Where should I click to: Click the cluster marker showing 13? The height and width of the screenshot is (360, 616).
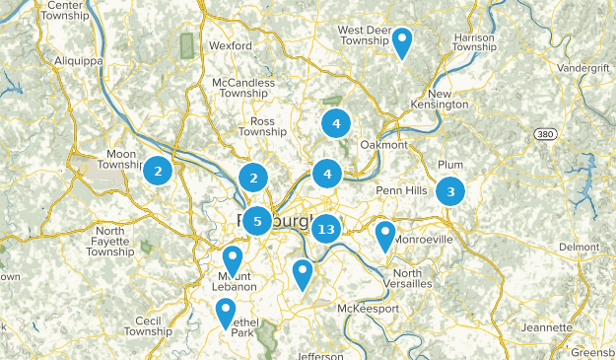[x=326, y=229]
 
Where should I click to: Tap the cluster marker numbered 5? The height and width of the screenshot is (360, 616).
[x=257, y=221]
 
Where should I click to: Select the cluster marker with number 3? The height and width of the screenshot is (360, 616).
[x=450, y=191]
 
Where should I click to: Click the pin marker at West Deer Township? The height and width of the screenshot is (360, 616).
[x=403, y=41]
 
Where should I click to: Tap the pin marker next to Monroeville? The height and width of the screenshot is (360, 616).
[x=385, y=235]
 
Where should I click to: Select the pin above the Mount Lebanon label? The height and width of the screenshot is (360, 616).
[x=233, y=258]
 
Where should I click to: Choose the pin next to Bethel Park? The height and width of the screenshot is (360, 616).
[x=226, y=312]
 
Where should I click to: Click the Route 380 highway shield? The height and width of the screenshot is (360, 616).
[x=545, y=133]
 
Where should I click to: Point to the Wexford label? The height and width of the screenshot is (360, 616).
[x=231, y=45]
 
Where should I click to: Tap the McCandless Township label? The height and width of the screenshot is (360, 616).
[x=247, y=89]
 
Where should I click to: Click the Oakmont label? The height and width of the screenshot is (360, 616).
[x=382, y=145]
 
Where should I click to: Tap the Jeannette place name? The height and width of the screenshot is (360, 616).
[x=548, y=327]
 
